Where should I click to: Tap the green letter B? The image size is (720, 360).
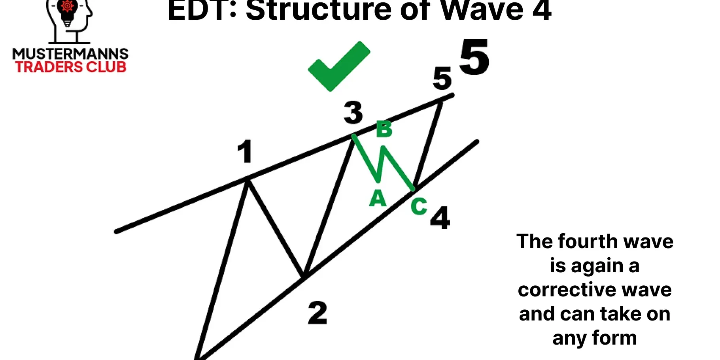[384, 129]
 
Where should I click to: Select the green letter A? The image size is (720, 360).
[378, 198]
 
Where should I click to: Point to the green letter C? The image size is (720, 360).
[419, 206]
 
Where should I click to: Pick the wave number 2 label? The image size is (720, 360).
[317, 313]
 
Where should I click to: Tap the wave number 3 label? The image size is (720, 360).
[353, 113]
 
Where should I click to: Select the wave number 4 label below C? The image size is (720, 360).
[440, 218]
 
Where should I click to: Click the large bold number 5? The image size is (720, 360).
[474, 57]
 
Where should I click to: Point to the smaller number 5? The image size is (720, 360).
[442, 78]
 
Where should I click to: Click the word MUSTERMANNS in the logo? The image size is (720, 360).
[70, 54]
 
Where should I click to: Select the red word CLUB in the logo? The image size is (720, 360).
[106, 67]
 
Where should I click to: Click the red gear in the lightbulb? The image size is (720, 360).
[67, 6]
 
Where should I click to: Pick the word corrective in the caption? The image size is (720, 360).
[567, 290]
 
